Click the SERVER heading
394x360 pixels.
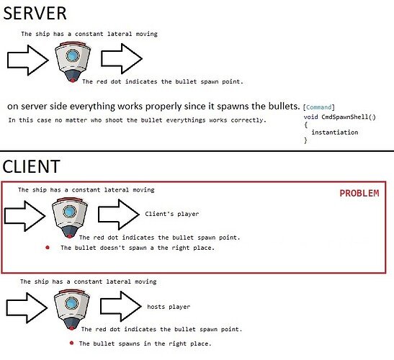[x=35, y=13]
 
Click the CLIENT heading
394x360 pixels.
[x=31, y=166]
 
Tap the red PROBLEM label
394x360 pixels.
[x=359, y=193]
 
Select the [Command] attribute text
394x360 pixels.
[x=318, y=107]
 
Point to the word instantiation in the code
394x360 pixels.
[x=334, y=132]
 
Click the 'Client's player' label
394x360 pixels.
[x=171, y=214]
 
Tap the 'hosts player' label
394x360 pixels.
[x=169, y=307]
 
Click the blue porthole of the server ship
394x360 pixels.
[x=73, y=55]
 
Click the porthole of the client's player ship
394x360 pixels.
[x=70, y=211]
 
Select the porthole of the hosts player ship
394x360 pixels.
[x=71, y=303]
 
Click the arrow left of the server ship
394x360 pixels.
[x=27, y=60]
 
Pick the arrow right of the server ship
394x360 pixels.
[x=122, y=58]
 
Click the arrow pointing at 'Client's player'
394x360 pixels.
[x=119, y=215]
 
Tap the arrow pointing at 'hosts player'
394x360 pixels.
[x=121, y=306]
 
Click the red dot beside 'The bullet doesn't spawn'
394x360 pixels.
[x=48, y=248]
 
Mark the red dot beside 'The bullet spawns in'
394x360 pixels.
[x=71, y=343]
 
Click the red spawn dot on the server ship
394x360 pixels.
[x=72, y=81]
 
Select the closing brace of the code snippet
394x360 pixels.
[x=305, y=140]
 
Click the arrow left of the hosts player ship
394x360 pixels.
[x=27, y=307]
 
